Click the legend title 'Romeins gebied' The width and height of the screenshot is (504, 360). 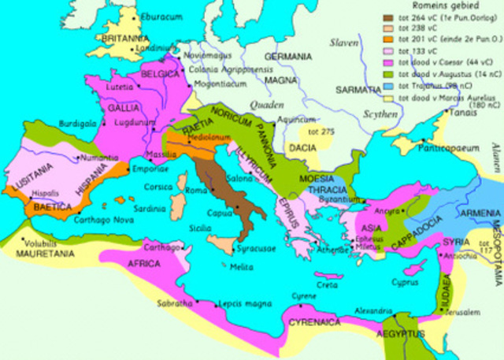coord(431,6)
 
